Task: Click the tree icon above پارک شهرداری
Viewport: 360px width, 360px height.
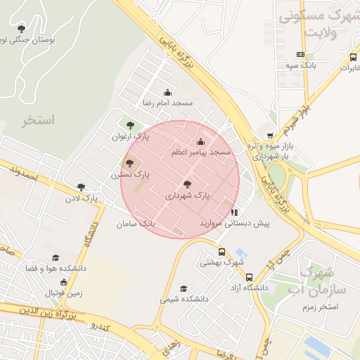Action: coord(187,184)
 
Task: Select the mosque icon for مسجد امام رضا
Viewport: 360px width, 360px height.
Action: coord(167,92)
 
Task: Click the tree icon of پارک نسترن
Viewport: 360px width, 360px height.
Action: coord(129,163)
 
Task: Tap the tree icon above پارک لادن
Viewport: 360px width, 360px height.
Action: coord(81,188)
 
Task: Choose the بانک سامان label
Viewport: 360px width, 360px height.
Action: coord(136,224)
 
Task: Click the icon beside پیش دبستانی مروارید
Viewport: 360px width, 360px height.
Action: coord(234,212)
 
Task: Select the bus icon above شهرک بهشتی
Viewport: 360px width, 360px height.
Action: coord(221,252)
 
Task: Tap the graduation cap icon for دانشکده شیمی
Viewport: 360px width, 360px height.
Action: coord(184,288)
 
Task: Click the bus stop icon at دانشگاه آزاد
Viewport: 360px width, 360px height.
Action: coord(250,277)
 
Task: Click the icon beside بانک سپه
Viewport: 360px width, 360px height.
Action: coord(301,54)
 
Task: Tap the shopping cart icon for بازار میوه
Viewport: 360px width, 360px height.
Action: coord(269,136)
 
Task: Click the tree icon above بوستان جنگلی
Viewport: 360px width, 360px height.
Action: coord(21,29)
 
